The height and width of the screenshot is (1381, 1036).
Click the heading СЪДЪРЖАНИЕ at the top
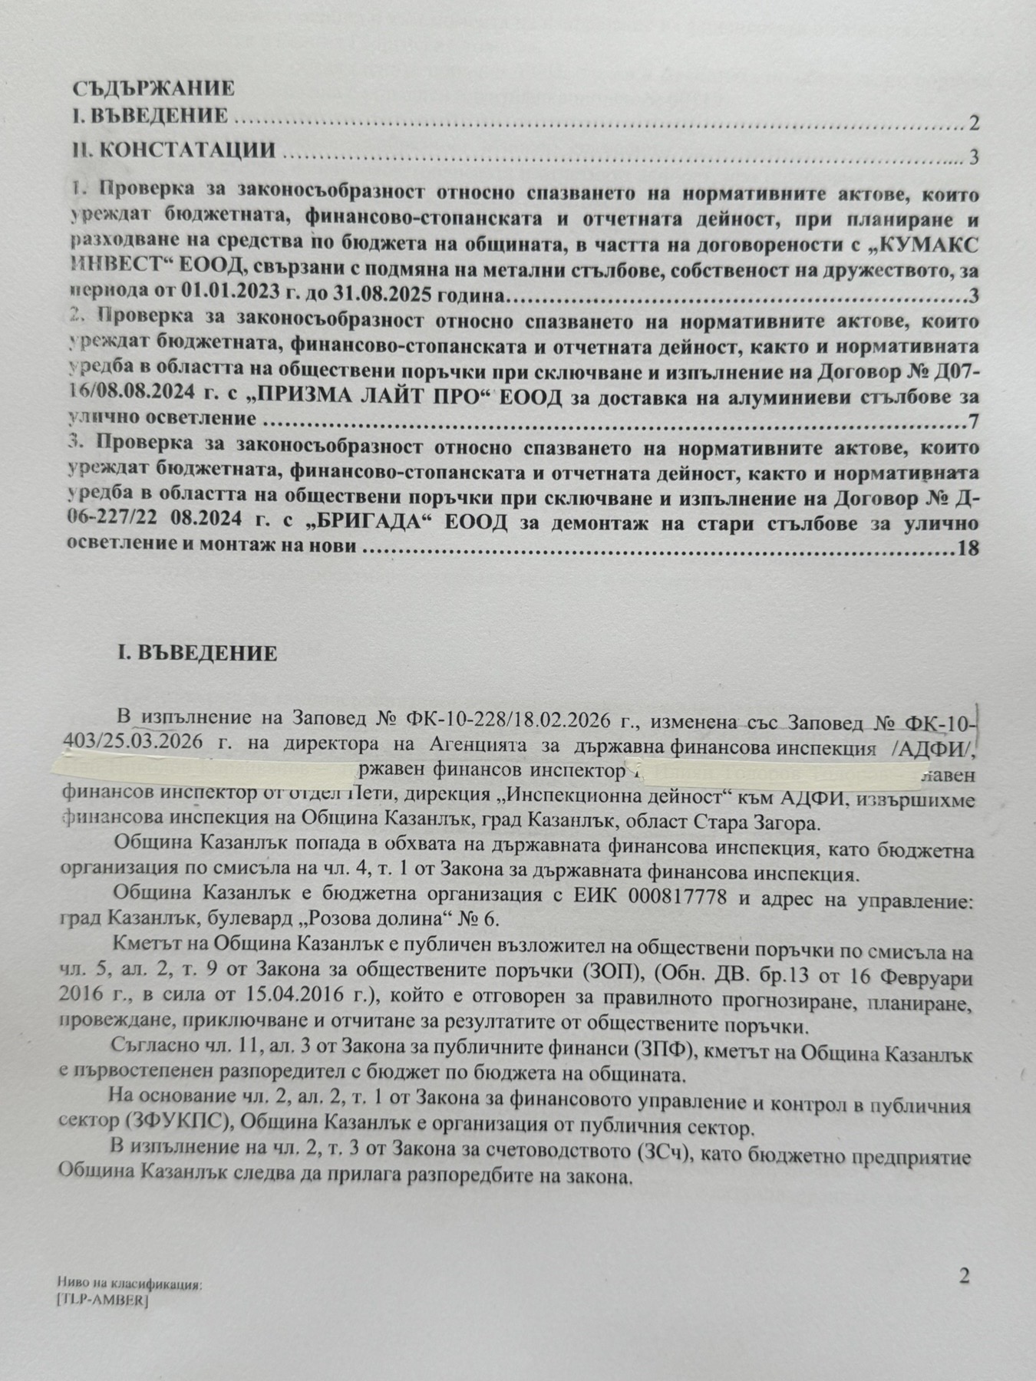(153, 88)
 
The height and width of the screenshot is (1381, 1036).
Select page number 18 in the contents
(968, 549)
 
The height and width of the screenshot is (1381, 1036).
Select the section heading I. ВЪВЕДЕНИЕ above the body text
(196, 653)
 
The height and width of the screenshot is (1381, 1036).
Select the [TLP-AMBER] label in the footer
(102, 1300)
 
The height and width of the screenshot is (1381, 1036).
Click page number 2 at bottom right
(964, 1276)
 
